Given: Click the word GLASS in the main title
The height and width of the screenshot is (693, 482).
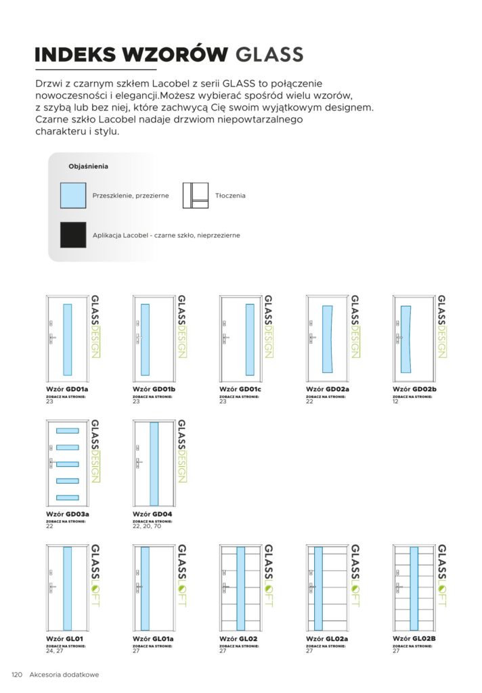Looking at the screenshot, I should [x=269, y=54].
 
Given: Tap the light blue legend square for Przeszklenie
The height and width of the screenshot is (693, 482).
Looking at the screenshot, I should [x=73, y=195].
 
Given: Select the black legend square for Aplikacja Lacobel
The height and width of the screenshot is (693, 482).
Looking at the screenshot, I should [x=73, y=234].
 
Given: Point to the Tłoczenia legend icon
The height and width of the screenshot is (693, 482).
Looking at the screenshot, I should [x=195, y=195].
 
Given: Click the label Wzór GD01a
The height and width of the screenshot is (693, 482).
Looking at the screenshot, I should [x=68, y=389].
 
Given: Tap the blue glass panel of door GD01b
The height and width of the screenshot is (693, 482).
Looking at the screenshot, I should [x=145, y=339].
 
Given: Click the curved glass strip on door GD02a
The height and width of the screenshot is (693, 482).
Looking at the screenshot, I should [x=328, y=339].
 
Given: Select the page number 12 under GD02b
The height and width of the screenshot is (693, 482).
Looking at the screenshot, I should [x=396, y=402].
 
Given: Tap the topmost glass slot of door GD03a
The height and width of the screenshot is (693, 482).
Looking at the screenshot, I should [x=68, y=430].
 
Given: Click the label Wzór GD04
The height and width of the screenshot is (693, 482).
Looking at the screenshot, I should [x=152, y=514].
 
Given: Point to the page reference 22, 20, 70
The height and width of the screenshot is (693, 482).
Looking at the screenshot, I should [x=146, y=527].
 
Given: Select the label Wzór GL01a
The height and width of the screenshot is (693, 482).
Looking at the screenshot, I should [x=154, y=639].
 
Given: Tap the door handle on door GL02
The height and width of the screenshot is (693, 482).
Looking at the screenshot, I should [x=226, y=587].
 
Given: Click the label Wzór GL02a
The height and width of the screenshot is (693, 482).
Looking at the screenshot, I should [x=327, y=639].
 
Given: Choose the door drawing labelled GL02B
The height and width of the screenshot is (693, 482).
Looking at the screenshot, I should [x=414, y=587].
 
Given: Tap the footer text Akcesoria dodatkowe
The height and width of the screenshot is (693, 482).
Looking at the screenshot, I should [x=64, y=675].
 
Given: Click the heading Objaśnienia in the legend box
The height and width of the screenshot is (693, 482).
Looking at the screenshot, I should [x=89, y=166].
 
